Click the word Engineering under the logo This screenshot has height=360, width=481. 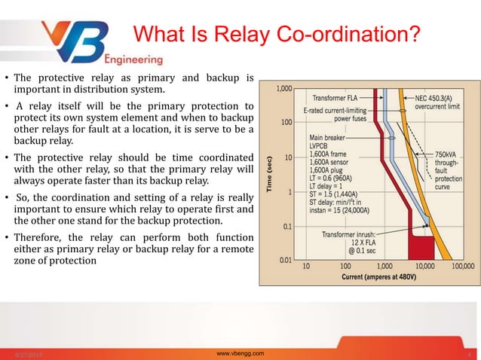(x=133, y=59)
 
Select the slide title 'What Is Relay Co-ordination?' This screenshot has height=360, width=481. (x=275, y=35)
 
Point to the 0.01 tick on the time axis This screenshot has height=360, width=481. (x=283, y=260)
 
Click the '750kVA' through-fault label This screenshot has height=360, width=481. (x=451, y=154)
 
